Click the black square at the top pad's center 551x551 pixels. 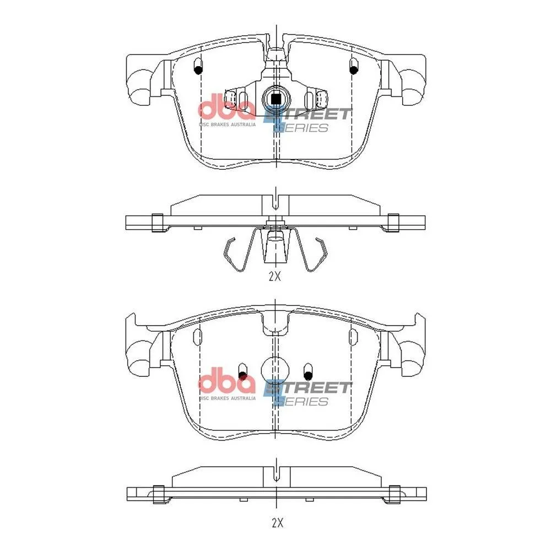point(276,99)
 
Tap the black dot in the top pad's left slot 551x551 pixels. point(198,70)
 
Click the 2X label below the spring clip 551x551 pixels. point(275,277)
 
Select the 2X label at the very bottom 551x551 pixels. point(277,523)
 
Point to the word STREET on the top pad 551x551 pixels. point(307,114)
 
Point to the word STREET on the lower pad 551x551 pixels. point(307,387)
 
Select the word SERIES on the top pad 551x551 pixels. point(301,128)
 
